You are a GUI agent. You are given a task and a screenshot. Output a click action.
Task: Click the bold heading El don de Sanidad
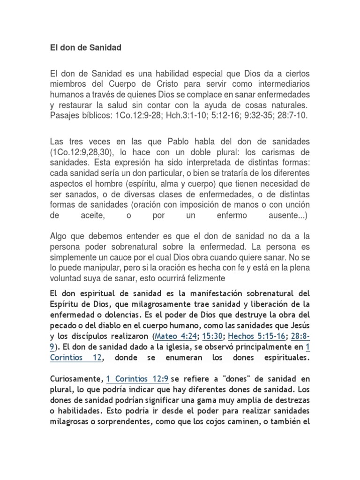coord(85,48)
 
